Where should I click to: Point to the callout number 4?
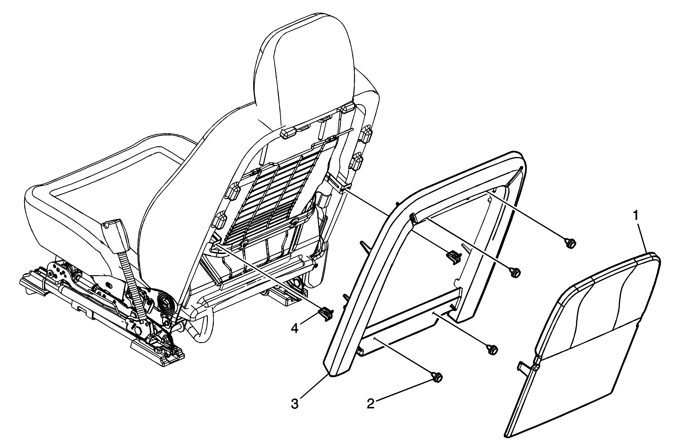(x=294, y=328)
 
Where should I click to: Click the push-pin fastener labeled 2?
(x=437, y=377)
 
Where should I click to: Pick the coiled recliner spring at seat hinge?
(x=167, y=304)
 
